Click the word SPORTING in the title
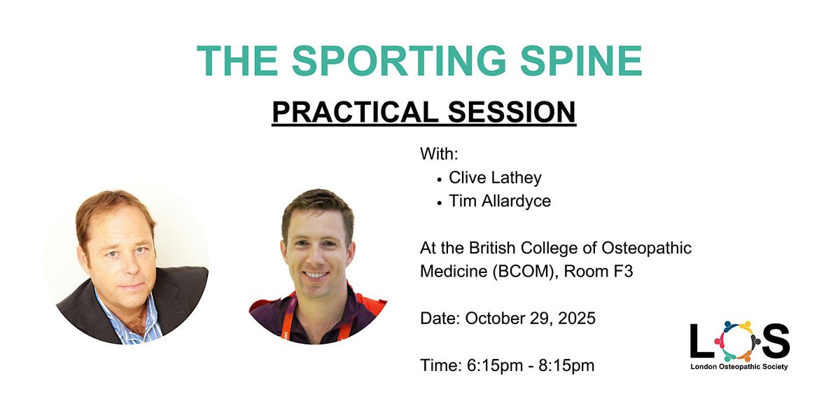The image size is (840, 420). tap(399, 61)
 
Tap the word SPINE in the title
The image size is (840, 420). tap(581, 61)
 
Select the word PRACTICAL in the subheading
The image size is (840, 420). tap(355, 112)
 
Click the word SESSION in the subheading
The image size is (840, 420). tap(512, 112)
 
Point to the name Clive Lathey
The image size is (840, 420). tap(495, 178)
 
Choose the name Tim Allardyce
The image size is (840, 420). tap(500, 201)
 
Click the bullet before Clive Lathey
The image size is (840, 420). tap(440, 180)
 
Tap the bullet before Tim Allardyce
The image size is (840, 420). tap(440, 203)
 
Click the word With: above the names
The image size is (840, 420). tap(439, 154)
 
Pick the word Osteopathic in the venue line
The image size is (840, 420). tap(647, 248)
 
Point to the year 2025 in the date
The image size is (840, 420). tap(577, 318)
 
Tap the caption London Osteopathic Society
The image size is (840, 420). tap(739, 367)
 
